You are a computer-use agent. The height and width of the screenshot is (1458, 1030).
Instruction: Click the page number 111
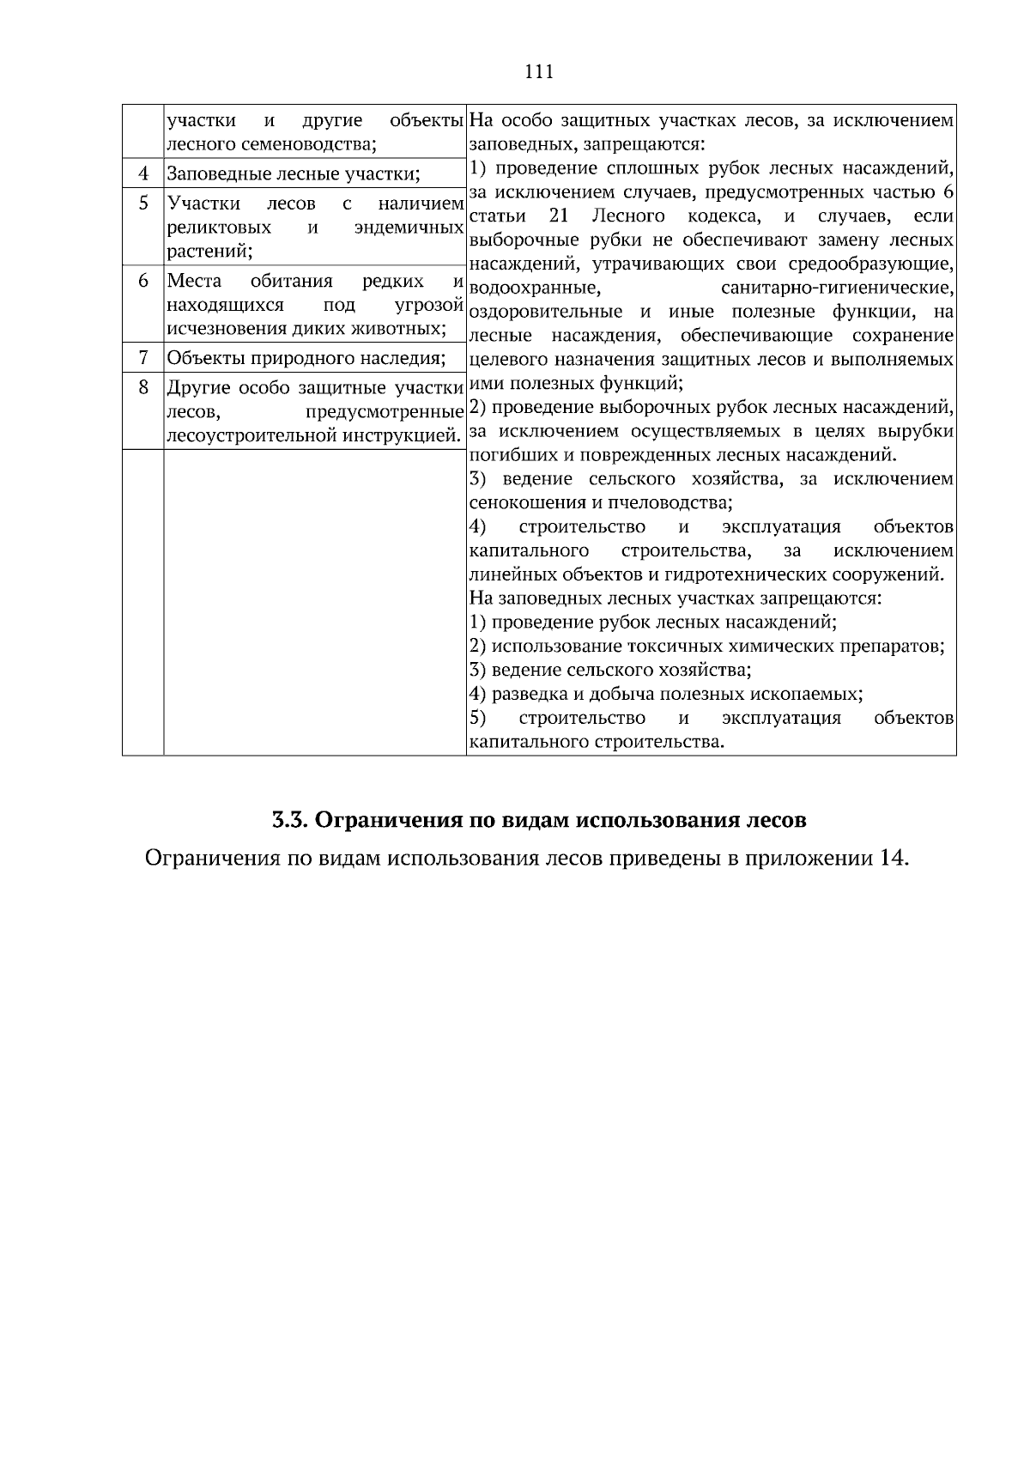[538, 72]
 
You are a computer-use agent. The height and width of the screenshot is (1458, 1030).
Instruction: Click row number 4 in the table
[143, 174]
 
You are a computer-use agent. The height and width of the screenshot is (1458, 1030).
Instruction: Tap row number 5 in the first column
[143, 204]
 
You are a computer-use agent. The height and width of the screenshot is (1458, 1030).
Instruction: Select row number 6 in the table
[143, 281]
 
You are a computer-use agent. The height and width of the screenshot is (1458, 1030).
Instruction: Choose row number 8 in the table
[143, 387]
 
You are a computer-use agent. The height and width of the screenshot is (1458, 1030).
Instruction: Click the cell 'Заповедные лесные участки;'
[293, 175]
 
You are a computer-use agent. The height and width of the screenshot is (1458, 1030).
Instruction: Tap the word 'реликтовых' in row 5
[219, 228]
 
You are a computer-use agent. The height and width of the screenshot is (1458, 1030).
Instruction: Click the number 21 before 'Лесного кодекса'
[559, 215]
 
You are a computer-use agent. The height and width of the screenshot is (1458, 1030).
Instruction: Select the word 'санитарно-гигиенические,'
[837, 287]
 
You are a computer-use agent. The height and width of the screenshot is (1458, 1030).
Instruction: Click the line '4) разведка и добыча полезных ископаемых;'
[666, 694]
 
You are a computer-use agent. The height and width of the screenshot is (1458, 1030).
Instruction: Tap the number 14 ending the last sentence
[892, 858]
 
